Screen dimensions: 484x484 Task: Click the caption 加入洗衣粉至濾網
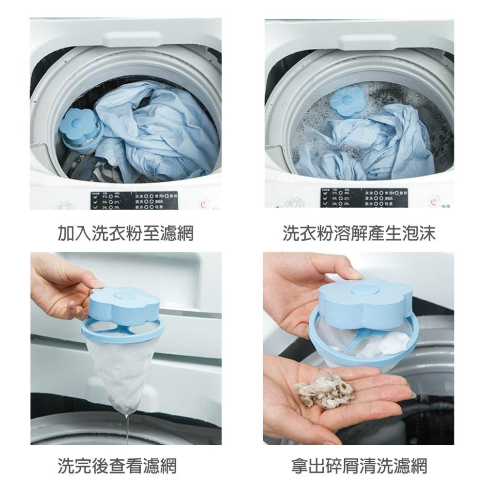[x=125, y=233]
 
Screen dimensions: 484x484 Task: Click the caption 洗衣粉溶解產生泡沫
[x=359, y=233]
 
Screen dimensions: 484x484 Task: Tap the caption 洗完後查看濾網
[x=117, y=466]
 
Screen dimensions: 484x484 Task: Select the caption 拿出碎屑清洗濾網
[x=359, y=466]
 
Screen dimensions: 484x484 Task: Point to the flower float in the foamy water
[x=346, y=101]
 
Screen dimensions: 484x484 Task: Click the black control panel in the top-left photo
[x=133, y=200]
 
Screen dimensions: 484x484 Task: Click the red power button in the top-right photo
[x=436, y=200]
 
